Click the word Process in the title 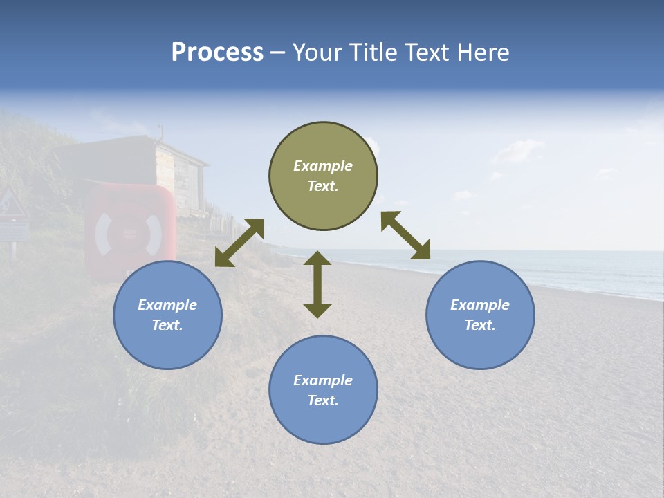(x=217, y=53)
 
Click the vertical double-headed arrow (x=317, y=284)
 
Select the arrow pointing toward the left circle (x=239, y=243)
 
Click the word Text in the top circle (x=322, y=186)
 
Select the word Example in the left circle (x=167, y=305)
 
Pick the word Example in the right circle (x=480, y=305)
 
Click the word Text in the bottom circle (x=322, y=400)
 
